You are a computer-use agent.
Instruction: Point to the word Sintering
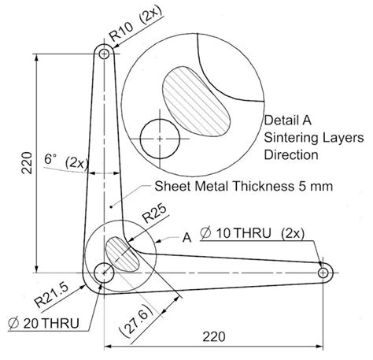[289, 139]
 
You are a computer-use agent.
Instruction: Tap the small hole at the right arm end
[323, 272]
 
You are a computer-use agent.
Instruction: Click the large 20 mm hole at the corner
[103, 273]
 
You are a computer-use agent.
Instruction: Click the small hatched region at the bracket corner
[124, 255]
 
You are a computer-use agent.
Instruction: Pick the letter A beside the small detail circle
[186, 236]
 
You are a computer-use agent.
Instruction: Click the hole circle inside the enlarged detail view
[159, 138]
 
